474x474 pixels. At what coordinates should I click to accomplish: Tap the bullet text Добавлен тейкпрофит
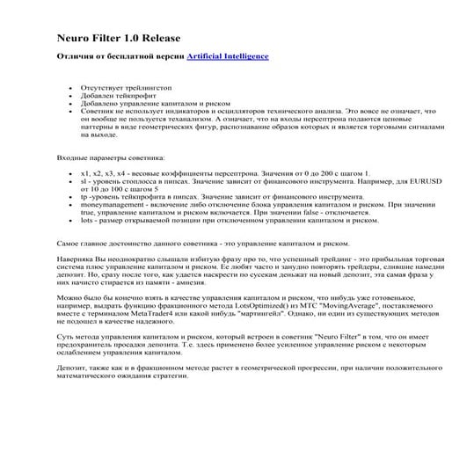(114, 97)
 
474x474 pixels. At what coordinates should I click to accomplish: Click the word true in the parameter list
(88, 211)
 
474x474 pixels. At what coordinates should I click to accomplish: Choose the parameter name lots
(87, 219)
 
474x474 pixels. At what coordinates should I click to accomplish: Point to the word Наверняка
(76, 261)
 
